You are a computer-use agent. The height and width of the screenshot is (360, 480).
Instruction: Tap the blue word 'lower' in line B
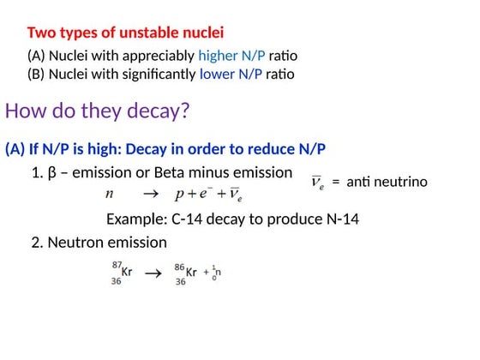218,74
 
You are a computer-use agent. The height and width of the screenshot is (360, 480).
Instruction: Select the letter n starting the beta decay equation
110,195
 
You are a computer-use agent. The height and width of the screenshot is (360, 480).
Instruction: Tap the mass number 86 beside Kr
179,266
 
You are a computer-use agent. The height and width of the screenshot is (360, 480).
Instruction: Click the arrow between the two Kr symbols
153,273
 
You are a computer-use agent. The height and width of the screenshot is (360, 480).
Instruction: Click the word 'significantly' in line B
150,74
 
